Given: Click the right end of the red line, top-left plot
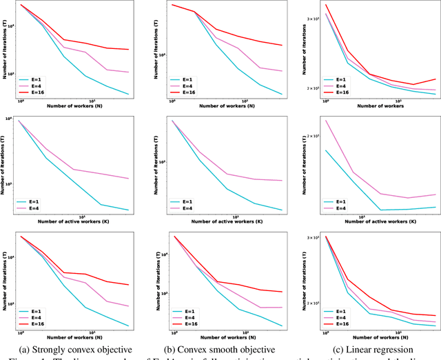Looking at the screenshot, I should tap(129, 49).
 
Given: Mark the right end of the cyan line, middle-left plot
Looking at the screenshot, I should tap(129, 210).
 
